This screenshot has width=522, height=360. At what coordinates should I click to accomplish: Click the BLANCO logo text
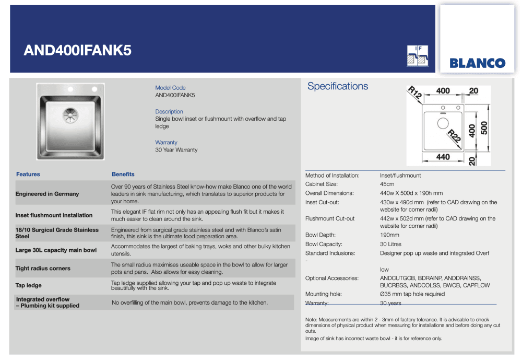[477, 63]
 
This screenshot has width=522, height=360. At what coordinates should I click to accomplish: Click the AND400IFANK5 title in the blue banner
[78, 50]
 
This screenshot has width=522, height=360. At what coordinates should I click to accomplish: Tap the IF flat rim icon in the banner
[418, 55]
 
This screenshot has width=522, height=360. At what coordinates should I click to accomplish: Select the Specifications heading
[337, 86]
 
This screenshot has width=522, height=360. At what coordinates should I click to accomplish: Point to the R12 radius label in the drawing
[415, 92]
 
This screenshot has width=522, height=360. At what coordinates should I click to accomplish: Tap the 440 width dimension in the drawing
[443, 157]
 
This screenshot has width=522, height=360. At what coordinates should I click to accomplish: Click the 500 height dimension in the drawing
[484, 127]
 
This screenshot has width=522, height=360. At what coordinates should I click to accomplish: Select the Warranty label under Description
[166, 142]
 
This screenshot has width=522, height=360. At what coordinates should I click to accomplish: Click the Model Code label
[170, 88]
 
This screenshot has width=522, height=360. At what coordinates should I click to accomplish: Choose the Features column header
[28, 175]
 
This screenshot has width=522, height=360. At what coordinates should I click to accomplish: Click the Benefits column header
[123, 175]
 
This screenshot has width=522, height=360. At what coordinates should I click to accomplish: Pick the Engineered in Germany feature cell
[47, 194]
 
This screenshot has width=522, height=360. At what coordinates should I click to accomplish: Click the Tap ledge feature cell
[28, 285]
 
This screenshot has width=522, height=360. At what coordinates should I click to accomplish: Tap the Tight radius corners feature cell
[43, 268]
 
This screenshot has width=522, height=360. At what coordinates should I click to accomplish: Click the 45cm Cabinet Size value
[387, 184]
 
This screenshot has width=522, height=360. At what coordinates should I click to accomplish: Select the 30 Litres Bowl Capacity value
[390, 244]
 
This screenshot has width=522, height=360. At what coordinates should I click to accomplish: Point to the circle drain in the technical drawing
[443, 123]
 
